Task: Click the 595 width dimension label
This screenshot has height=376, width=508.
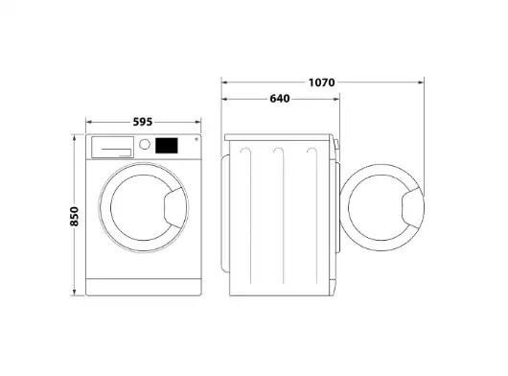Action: (x=143, y=122)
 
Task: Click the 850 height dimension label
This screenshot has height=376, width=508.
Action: (x=74, y=216)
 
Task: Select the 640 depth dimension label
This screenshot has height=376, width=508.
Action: (x=280, y=99)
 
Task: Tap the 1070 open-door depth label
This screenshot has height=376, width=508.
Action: (x=321, y=82)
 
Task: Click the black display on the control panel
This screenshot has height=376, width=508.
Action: (x=167, y=146)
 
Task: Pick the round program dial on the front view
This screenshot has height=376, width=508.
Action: (x=145, y=144)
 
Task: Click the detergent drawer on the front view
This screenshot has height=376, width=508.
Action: (x=113, y=147)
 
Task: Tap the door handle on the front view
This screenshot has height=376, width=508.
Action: (x=175, y=208)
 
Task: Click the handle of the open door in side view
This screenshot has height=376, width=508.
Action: (x=412, y=208)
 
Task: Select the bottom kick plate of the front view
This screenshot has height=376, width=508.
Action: (x=144, y=287)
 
